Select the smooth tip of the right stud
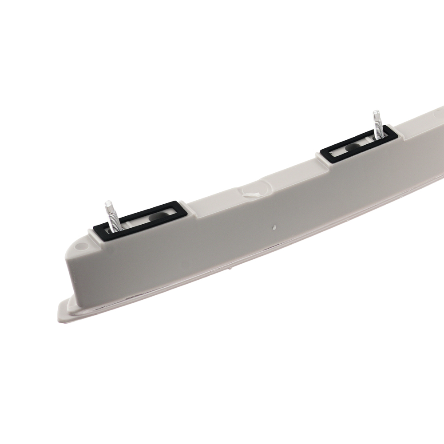376,115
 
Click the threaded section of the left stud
112,222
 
